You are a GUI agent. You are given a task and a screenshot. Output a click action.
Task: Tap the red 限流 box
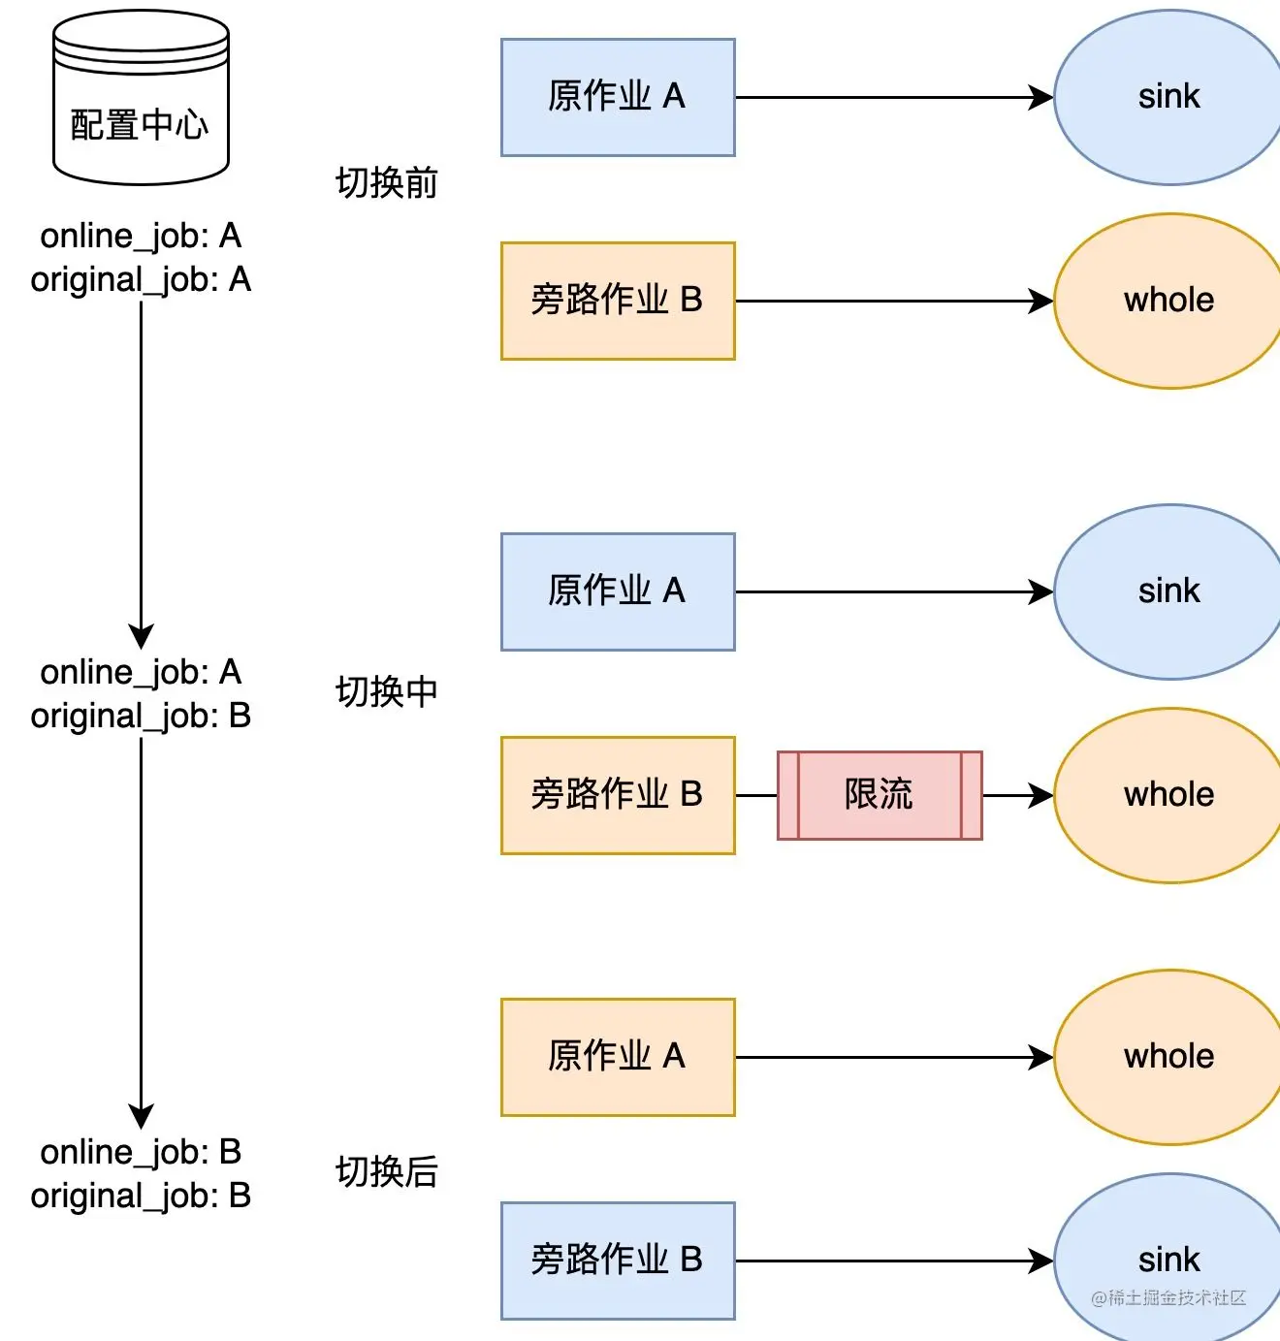click(879, 795)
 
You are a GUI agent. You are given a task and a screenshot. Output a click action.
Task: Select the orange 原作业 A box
click(618, 1057)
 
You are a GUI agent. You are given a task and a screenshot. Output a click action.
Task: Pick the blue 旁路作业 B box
click(618, 1261)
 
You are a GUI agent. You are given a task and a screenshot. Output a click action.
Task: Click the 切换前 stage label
click(386, 182)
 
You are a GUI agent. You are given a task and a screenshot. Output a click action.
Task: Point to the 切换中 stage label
click(386, 692)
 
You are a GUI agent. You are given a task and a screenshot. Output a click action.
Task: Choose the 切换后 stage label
click(386, 1172)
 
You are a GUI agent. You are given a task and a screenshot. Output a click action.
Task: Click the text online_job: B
click(141, 1152)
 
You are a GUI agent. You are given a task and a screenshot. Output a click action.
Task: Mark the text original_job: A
click(141, 280)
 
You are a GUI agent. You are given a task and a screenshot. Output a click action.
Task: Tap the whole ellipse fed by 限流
click(1168, 795)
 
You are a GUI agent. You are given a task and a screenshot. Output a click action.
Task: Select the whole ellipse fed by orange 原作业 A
click(1168, 1057)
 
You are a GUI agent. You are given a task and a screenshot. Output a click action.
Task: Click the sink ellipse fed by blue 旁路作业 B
click(1168, 1259)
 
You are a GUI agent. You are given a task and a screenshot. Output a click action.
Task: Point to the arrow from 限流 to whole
click(1016, 795)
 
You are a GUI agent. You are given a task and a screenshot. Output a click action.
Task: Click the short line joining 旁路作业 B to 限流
click(755, 795)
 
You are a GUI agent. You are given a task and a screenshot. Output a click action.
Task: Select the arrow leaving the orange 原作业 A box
click(892, 1057)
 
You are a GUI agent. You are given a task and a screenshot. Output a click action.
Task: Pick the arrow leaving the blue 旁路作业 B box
click(892, 1261)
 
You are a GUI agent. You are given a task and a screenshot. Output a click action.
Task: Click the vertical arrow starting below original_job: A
click(142, 465)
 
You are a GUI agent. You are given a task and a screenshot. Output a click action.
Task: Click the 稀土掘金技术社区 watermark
click(1168, 1298)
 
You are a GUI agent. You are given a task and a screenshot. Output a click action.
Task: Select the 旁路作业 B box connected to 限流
click(618, 795)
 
